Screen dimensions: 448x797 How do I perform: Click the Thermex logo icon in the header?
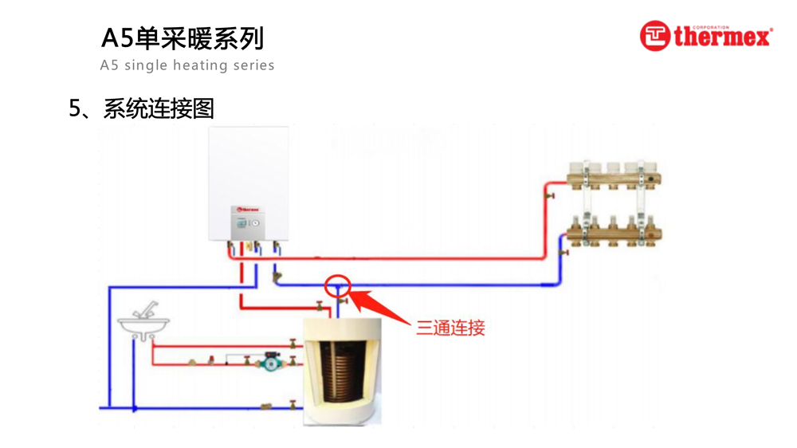point(654,36)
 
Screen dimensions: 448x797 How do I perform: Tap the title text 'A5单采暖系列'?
point(183,37)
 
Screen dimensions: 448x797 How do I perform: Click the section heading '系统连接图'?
point(159,108)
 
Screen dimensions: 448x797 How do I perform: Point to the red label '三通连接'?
point(450,327)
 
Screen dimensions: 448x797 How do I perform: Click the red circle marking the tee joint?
point(338,285)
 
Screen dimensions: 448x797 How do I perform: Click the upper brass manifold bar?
point(614,175)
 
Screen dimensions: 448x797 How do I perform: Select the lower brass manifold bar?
point(614,231)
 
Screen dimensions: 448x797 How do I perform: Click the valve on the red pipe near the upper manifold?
point(548,194)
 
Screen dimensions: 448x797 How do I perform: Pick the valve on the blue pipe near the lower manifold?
point(563,253)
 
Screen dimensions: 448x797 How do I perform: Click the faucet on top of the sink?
point(147,309)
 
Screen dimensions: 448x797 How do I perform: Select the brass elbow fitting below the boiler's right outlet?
point(277,277)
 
